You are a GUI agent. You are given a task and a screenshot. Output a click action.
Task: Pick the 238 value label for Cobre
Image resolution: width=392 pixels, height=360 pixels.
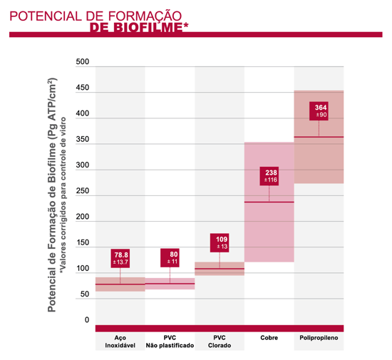pyautogui.click(x=269, y=176)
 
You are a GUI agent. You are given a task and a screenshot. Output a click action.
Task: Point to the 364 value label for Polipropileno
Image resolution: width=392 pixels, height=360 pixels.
pyautogui.click(x=319, y=110)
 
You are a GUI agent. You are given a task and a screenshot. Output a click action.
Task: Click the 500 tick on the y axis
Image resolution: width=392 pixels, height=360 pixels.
pyautogui.click(x=82, y=63)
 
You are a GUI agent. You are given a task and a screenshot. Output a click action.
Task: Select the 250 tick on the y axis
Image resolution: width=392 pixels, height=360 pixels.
pyautogui.click(x=82, y=192)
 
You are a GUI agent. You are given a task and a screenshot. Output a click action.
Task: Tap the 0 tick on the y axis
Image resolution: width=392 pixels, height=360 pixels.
pyautogui.click(x=86, y=321)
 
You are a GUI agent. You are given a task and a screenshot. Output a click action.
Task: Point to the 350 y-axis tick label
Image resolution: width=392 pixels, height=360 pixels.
pyautogui.click(x=82, y=140)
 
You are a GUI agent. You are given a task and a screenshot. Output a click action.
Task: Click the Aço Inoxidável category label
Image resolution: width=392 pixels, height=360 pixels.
pyautogui.click(x=120, y=341)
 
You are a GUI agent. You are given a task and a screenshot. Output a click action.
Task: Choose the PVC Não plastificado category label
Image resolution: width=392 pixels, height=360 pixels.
pyautogui.click(x=170, y=341)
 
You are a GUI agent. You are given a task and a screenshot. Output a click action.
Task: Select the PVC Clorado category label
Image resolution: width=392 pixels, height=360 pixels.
pyautogui.click(x=220, y=341)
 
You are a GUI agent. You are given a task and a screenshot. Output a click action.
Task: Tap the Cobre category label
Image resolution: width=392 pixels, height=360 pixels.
pyautogui.click(x=269, y=337)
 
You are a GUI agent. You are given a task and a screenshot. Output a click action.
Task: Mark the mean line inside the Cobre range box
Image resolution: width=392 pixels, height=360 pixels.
pyautogui.click(x=269, y=202)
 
